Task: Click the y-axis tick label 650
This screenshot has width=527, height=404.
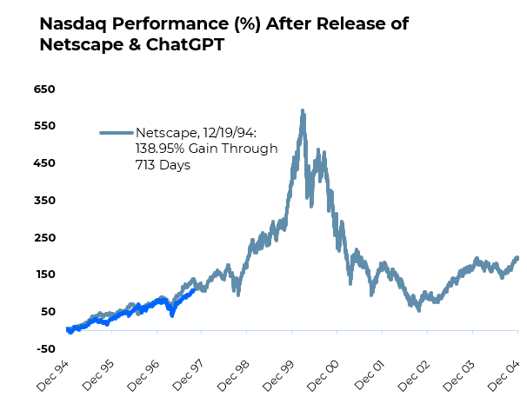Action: click(x=44, y=89)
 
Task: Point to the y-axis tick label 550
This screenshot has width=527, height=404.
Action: click(x=44, y=126)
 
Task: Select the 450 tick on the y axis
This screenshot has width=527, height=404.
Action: click(x=44, y=162)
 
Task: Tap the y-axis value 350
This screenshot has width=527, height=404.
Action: click(x=44, y=200)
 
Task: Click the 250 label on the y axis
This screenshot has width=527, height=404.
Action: click(x=44, y=237)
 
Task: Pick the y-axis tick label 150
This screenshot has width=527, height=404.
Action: click(x=44, y=275)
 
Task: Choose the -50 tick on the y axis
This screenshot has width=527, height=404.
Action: click(x=44, y=348)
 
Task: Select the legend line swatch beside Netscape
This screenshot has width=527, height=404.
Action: click(x=116, y=133)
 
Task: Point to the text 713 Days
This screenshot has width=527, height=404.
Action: click(x=163, y=164)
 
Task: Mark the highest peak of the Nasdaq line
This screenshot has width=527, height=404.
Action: click(x=302, y=111)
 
